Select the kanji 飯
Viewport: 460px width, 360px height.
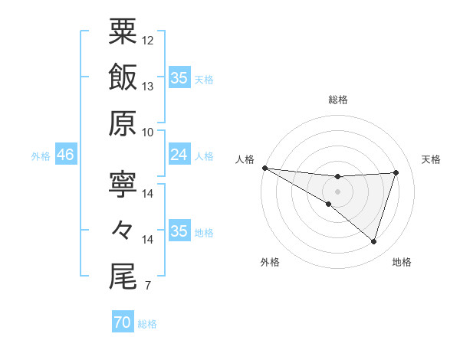click(123, 77)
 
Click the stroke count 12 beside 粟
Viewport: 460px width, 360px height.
click(148, 40)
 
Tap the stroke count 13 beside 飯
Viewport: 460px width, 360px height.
click(148, 87)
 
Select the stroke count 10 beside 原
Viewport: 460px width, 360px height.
click(148, 132)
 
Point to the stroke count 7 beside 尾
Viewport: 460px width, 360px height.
click(147, 286)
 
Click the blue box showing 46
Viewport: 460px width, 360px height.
click(66, 155)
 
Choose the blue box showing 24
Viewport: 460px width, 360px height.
click(179, 155)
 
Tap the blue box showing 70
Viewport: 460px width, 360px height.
click(122, 322)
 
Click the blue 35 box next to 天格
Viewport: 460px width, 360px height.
click(179, 78)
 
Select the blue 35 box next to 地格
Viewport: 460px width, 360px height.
click(179, 231)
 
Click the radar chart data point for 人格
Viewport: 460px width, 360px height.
click(264, 167)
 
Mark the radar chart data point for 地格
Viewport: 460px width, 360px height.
click(373, 242)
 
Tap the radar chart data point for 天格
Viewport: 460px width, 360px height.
click(396, 172)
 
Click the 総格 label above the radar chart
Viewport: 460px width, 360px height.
click(337, 100)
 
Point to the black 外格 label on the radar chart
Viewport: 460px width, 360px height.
click(270, 262)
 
